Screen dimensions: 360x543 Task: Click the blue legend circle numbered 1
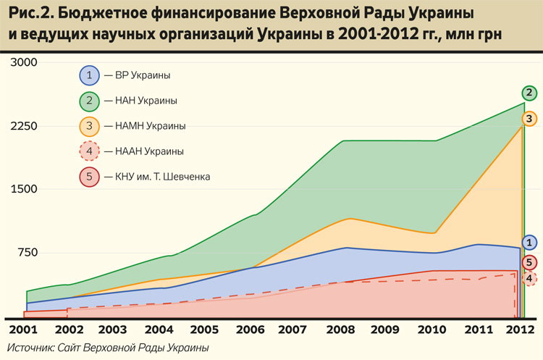(88, 75)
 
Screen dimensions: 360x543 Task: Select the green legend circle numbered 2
(88, 100)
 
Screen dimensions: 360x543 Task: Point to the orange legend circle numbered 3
(88, 126)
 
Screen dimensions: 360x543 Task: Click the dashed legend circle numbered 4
(88, 151)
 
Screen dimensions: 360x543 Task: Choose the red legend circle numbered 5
(88, 177)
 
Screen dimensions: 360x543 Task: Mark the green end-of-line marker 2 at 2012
(530, 93)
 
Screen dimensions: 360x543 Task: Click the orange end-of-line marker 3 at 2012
(530, 118)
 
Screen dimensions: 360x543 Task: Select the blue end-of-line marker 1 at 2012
(530, 243)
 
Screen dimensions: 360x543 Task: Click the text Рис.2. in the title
(28, 14)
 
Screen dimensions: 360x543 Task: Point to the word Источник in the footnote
(35, 348)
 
